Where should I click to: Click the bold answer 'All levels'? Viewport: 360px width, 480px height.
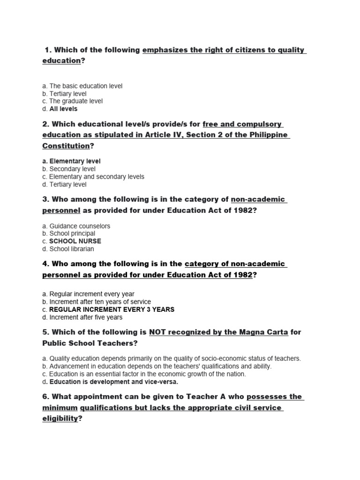click(x=63, y=109)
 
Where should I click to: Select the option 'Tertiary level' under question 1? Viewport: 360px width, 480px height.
click(x=68, y=94)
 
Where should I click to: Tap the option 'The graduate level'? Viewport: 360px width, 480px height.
click(x=76, y=101)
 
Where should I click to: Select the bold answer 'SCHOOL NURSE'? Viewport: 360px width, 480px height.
click(x=75, y=241)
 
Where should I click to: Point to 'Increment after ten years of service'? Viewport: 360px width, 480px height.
click(x=100, y=302)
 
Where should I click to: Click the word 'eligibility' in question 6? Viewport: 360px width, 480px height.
click(x=60, y=419)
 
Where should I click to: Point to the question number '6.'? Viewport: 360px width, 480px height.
click(x=46, y=397)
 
